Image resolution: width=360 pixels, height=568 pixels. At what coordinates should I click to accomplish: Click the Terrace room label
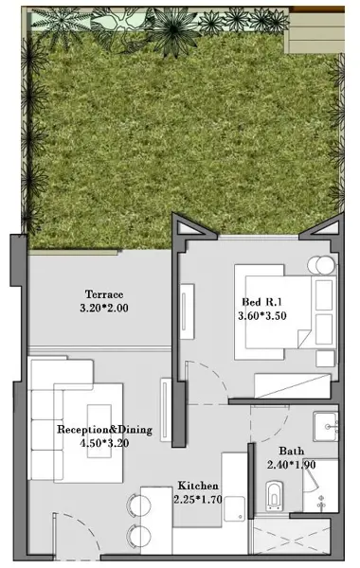coord(104,294)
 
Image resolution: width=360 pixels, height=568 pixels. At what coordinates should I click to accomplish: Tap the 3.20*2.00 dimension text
coord(104,308)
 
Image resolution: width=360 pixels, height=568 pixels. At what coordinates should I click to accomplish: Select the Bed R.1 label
coord(261,302)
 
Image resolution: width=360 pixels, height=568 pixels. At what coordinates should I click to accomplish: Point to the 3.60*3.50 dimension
coord(262,315)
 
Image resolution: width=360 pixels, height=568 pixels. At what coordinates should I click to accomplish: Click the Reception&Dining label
coord(105,430)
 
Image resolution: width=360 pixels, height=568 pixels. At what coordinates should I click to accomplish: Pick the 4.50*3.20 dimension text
coord(105,443)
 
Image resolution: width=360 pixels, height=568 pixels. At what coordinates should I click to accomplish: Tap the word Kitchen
coord(198,486)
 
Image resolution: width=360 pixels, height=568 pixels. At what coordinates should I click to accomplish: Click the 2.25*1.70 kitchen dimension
coord(198,500)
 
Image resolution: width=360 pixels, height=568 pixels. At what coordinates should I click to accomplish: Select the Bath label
coord(291,451)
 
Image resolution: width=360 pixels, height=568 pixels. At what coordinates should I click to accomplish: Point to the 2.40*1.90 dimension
coord(291,465)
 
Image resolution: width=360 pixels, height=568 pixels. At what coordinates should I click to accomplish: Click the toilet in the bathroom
coord(274,495)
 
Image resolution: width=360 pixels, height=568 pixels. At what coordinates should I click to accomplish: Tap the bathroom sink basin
coord(326,426)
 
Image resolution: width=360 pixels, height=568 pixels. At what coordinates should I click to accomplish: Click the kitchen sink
coord(235,509)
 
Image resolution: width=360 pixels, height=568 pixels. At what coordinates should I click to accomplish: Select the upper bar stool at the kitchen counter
coord(138,504)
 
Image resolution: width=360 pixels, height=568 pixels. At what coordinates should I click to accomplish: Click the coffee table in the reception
coord(99,431)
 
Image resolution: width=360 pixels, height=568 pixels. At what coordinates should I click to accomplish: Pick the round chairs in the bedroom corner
coord(321,265)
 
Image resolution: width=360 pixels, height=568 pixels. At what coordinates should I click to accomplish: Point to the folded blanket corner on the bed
coord(304,338)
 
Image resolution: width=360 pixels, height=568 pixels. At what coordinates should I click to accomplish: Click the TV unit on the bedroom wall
coord(187,311)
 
